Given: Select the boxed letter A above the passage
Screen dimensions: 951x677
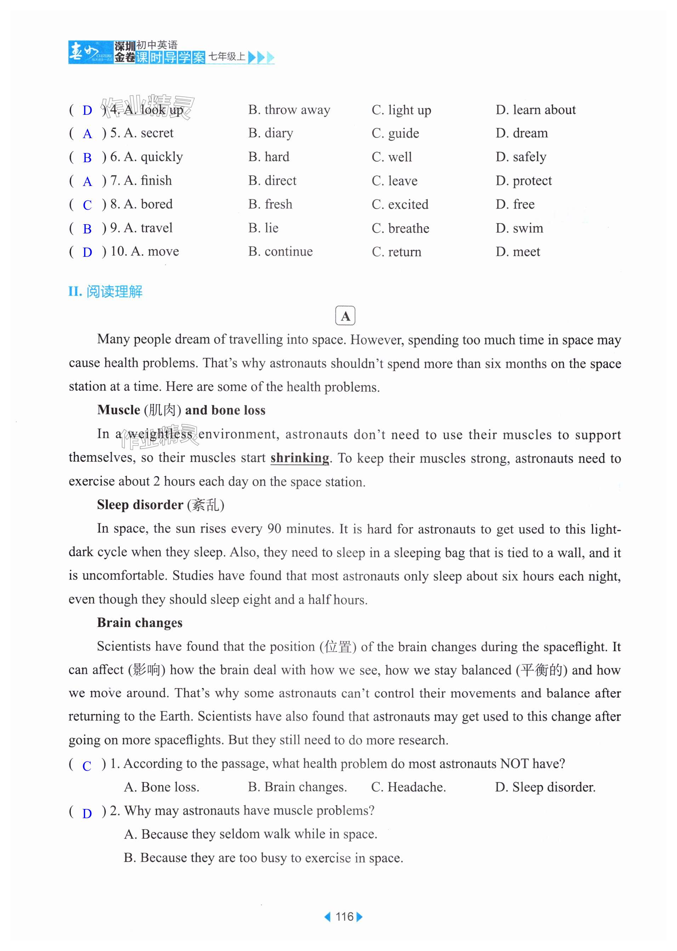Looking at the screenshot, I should coord(345,316).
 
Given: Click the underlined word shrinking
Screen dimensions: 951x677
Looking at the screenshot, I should coord(300,458).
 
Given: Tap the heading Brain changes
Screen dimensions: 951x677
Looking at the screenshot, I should coord(140,623).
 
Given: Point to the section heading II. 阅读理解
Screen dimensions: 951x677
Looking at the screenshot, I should coord(106,291).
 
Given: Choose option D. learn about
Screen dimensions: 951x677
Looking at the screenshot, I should coord(535,110).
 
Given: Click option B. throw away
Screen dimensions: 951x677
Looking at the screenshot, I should coord(289,110).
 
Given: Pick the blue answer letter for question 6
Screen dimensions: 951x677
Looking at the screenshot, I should coord(87,158).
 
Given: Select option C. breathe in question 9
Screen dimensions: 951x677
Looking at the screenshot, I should coord(400,228).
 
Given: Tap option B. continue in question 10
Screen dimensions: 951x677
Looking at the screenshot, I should coord(280,252).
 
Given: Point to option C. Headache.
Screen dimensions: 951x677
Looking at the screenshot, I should coord(408,787).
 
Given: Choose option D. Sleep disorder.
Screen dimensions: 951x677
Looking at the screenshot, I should coord(545,787).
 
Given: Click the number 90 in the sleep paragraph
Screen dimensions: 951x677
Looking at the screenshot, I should coord(274,529).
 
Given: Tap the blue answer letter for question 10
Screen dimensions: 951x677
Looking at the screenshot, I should coord(87,252).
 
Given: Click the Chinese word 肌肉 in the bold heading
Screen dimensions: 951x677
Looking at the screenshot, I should coord(162,410).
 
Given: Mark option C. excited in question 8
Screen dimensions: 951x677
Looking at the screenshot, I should coord(400,205).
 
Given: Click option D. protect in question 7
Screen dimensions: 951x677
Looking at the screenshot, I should coord(524,181).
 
